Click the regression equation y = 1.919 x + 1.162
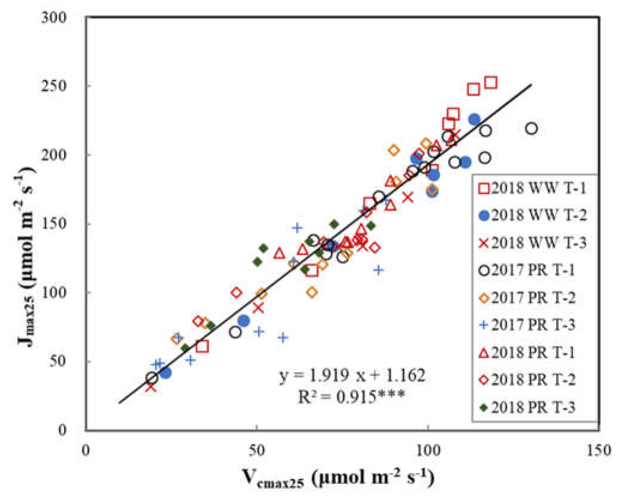[x=352, y=376]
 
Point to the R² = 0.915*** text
[x=352, y=397]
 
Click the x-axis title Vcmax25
[x=338, y=477]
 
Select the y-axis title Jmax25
[x=26, y=257]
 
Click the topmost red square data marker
[x=491, y=83]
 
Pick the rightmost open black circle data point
[x=531, y=129]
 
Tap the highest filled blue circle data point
[x=474, y=119]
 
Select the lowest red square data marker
[x=203, y=347]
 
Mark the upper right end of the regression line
[x=531, y=85]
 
